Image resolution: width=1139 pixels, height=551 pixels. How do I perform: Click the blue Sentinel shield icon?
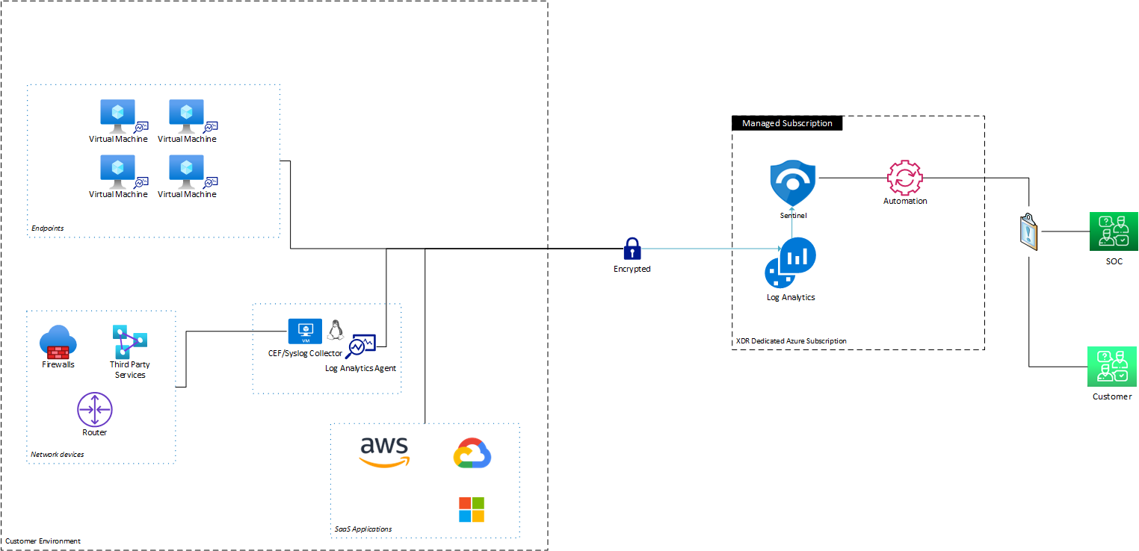(x=792, y=184)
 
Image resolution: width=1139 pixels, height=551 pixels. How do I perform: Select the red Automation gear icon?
(x=904, y=178)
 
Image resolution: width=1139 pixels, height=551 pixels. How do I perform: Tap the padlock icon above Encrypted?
(x=632, y=248)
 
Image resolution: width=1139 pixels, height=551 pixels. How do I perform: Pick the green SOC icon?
(x=1113, y=231)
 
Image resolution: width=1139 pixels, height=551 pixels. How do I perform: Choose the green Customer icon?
(x=1112, y=367)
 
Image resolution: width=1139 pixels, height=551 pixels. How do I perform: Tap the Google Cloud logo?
(x=472, y=454)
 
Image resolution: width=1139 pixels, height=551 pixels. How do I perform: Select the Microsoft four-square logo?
(x=471, y=509)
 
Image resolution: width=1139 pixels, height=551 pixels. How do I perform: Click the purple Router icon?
(x=95, y=409)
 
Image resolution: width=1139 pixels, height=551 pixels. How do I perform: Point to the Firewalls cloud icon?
(x=58, y=343)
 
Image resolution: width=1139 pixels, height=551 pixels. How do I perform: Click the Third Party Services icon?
(x=129, y=341)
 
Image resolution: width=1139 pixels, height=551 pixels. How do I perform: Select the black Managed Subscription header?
(x=787, y=123)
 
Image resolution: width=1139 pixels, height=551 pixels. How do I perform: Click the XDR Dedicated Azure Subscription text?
(x=791, y=341)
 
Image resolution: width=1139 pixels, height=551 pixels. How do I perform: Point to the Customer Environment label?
(x=43, y=541)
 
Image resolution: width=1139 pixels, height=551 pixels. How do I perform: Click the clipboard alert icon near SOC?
(x=1029, y=231)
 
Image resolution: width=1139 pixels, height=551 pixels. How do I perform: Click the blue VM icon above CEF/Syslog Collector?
(x=305, y=330)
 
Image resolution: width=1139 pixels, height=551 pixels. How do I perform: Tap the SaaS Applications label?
(x=363, y=529)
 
